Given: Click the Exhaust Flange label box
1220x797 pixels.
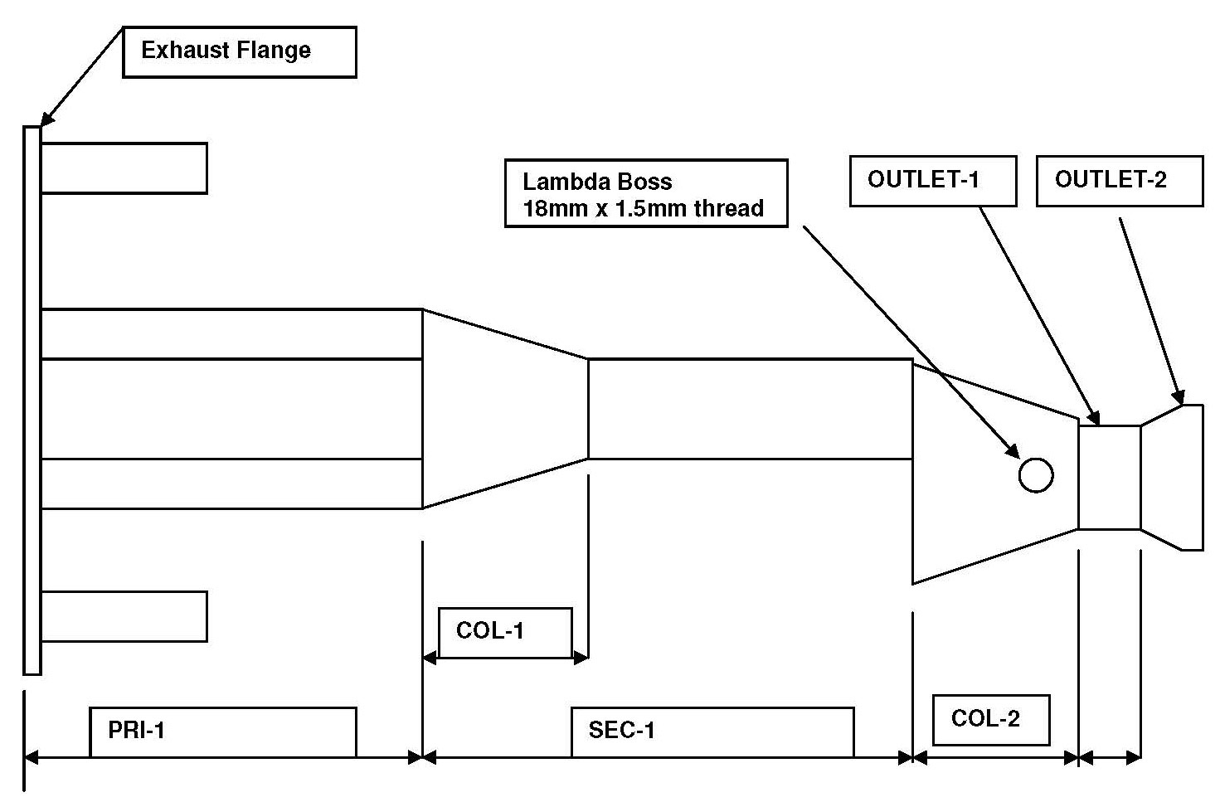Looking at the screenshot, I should click(x=239, y=51).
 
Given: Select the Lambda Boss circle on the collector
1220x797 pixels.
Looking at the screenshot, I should click(x=1035, y=475).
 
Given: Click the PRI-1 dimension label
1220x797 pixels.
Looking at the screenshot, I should click(x=222, y=731).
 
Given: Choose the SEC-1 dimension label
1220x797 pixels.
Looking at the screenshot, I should click(x=712, y=731).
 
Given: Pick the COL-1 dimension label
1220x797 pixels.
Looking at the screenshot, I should click(x=504, y=632).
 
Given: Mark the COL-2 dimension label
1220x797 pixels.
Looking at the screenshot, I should click(x=990, y=719).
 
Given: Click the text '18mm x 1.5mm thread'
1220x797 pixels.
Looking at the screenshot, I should click(x=643, y=208).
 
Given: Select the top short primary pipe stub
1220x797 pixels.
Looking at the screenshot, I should click(x=124, y=168).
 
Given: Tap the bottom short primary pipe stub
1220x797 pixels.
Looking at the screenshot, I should click(x=124, y=616).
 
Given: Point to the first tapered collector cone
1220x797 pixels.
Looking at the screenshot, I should click(x=504, y=408).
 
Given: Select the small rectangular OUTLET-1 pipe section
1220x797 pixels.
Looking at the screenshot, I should click(x=1109, y=477).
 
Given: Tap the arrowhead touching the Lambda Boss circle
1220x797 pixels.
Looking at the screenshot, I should click(x=1013, y=451).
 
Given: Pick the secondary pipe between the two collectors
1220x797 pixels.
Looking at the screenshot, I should click(x=750, y=408).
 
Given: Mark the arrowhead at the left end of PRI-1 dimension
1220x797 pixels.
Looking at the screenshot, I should click(x=32, y=756).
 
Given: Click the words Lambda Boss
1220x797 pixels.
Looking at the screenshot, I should click(x=597, y=182).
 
